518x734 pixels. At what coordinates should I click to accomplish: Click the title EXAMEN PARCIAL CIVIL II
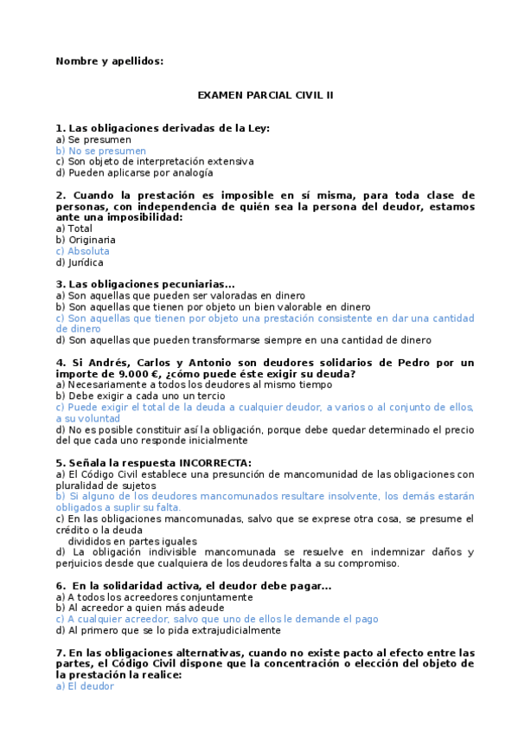pos(265,94)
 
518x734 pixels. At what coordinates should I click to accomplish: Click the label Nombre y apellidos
pos(109,61)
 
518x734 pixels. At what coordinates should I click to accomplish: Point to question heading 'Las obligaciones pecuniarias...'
pos(145,284)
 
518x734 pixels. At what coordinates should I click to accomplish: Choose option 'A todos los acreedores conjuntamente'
pos(154,596)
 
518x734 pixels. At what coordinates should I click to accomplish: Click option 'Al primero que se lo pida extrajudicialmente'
pos(168,630)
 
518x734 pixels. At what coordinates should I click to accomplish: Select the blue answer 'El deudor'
pos(85,686)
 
